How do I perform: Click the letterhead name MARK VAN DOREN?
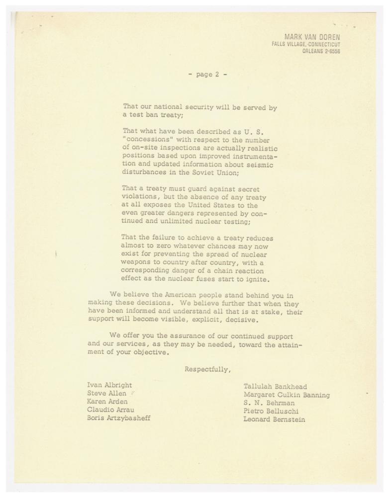[315, 37]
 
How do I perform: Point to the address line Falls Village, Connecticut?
[309, 44]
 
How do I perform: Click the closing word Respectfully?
[207, 369]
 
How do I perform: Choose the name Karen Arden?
[107, 401]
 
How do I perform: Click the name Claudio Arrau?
[110, 410]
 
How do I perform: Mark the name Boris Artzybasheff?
[119, 418]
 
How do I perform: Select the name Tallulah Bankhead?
[275, 386]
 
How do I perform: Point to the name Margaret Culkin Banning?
[287, 395]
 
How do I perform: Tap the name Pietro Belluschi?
[270, 412]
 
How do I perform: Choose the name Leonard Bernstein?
[275, 420]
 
